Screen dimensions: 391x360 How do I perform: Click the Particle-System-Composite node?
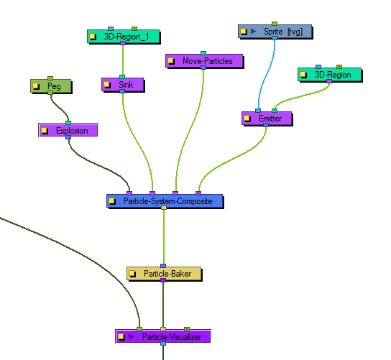click(165, 201)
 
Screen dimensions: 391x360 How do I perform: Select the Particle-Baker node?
click(164, 274)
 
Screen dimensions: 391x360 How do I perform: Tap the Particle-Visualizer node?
click(163, 337)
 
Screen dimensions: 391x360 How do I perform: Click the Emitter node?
click(267, 119)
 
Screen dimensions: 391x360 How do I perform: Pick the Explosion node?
click(68, 130)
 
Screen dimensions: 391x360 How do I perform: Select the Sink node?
click(123, 85)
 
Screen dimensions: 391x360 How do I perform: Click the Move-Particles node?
click(204, 61)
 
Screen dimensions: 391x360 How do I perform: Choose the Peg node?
click(51, 86)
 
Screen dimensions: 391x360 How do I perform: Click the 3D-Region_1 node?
click(124, 37)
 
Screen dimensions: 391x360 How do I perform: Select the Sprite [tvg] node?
click(275, 32)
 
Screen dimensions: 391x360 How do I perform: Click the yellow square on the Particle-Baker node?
click(132, 274)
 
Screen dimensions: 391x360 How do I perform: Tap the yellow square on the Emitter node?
click(247, 118)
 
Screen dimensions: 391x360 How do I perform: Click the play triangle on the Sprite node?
click(254, 31)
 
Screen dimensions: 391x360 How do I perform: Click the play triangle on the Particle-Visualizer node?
click(132, 337)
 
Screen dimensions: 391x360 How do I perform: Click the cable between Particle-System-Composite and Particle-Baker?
click(164, 237)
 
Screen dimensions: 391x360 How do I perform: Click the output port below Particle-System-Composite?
click(164, 208)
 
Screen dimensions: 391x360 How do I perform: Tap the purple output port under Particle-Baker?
click(163, 280)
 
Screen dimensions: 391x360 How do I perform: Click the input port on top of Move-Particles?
click(203, 53)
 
